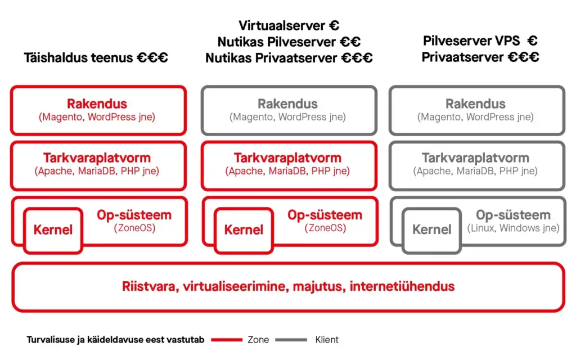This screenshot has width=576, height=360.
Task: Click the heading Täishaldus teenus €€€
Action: click(96, 58)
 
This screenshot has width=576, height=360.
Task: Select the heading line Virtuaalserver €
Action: click(289, 25)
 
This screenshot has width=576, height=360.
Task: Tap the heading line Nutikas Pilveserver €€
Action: click(289, 42)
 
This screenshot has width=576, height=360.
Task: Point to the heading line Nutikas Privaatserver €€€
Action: click(289, 58)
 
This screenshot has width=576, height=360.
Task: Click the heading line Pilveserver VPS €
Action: click(480, 40)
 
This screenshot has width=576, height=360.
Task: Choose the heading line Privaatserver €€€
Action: click(480, 57)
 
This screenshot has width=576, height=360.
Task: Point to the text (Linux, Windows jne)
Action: click(513, 228)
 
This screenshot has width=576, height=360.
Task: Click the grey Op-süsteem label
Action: click(513, 214)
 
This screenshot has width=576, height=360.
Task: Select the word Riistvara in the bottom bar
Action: click(150, 286)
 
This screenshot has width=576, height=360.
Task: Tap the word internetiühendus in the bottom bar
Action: click(402, 286)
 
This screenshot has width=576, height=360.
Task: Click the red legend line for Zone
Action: click(227, 340)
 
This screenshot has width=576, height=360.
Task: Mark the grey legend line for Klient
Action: click(291, 340)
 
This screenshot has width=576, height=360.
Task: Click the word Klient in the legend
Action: click(327, 340)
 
